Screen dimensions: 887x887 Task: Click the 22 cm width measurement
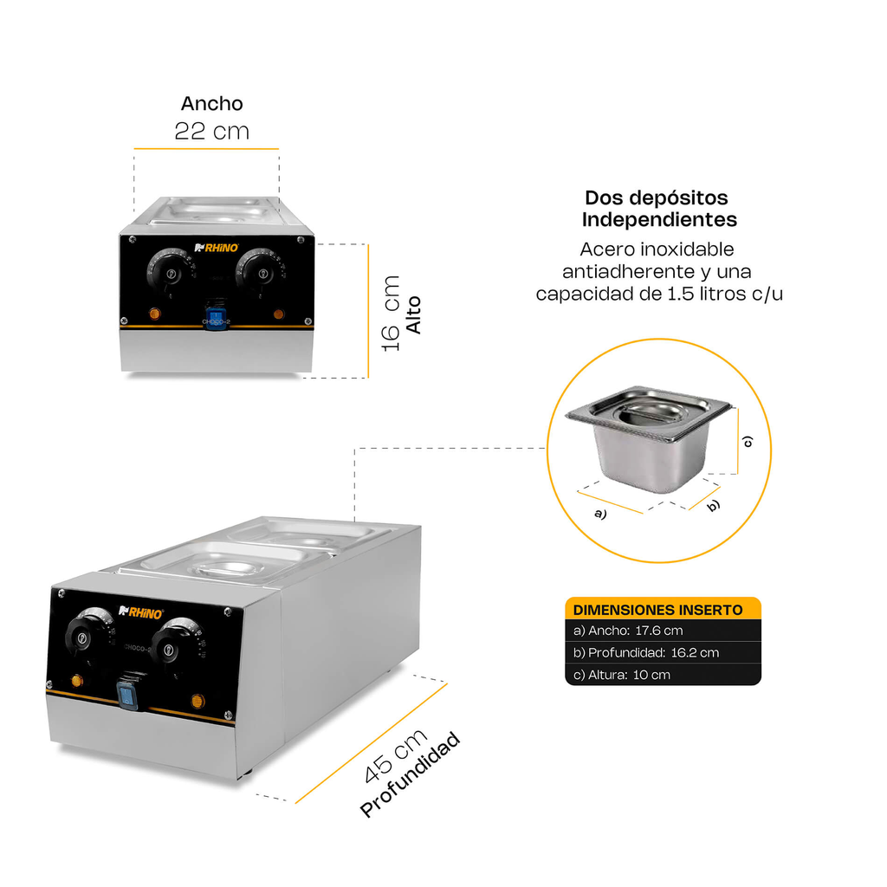211,132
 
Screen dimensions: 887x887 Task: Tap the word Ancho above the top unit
211,103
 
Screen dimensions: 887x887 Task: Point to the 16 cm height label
392,313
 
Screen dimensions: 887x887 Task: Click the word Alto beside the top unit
414,315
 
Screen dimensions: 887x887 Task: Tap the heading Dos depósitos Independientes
659,209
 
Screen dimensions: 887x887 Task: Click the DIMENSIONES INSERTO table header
658,609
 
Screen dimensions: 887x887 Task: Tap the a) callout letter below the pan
599,513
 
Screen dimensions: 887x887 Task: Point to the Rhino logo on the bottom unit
140,612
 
